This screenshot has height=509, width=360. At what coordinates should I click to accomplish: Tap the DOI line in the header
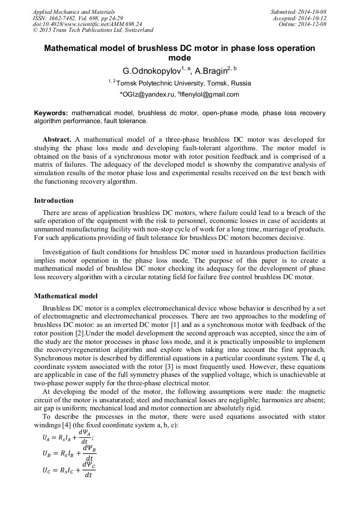[x=87, y=24]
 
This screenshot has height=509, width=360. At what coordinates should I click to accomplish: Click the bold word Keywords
[x=51, y=114]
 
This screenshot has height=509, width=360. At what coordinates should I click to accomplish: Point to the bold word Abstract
[x=57, y=140]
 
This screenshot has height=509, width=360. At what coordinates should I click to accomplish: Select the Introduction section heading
[x=54, y=201]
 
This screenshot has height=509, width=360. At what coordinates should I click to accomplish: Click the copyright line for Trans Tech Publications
[x=93, y=31]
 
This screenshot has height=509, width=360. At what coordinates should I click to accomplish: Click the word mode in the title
[x=179, y=58]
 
